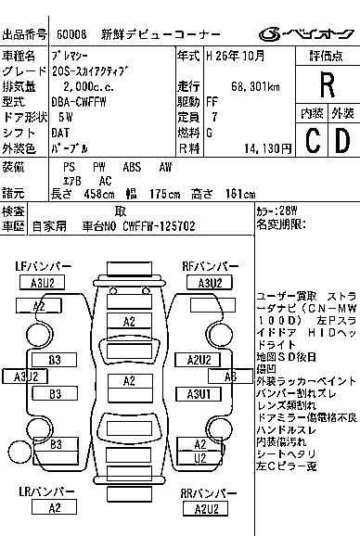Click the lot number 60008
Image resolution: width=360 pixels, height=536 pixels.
click(x=72, y=34)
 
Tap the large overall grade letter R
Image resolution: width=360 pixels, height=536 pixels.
click(x=326, y=84)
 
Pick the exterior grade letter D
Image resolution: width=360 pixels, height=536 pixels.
click(x=341, y=141)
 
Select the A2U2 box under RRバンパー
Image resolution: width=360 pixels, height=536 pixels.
click(x=205, y=508)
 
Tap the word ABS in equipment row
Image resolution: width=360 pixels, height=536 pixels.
click(x=133, y=166)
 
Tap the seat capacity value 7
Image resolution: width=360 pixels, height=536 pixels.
click(x=215, y=118)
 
